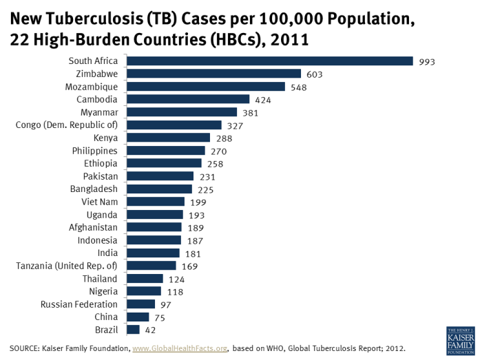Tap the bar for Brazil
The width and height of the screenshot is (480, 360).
coord(131,330)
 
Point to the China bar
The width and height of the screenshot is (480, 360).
coord(136,317)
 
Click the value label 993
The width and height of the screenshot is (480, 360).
coord(427,62)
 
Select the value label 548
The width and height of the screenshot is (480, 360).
coord(298,87)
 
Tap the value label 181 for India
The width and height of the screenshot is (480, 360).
coord(193,253)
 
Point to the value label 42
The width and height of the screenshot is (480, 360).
coord(150,330)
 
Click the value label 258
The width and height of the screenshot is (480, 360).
coord(215,164)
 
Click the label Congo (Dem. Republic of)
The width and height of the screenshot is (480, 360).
coord(66,125)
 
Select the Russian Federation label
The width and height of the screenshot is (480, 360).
coord(79,304)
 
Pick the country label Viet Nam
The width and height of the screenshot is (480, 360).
coord(99,202)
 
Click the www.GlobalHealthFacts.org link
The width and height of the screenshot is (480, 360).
coord(180,348)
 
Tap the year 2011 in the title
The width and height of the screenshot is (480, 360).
coord(284,39)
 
